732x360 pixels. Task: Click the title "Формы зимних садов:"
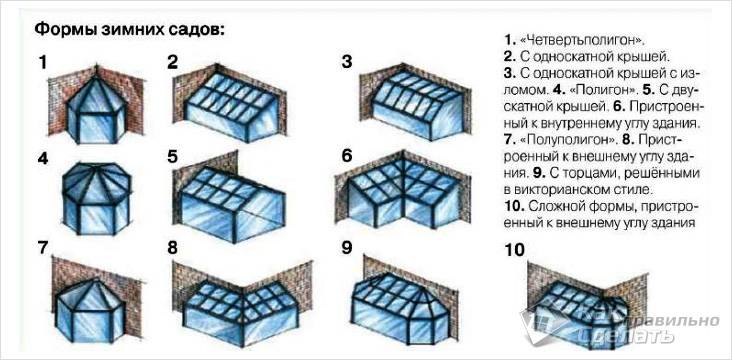(x=130, y=31)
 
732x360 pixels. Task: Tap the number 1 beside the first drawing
(x=43, y=62)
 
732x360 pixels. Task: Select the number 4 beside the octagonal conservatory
(x=43, y=158)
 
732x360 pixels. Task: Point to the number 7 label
(x=43, y=248)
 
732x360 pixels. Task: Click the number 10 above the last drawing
(x=514, y=250)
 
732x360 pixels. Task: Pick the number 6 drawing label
(x=346, y=156)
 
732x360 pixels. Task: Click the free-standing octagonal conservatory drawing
(x=97, y=198)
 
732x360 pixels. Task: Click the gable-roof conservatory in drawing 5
(x=233, y=205)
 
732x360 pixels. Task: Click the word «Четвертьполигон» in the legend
(x=582, y=40)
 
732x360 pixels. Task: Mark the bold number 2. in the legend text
(x=509, y=57)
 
